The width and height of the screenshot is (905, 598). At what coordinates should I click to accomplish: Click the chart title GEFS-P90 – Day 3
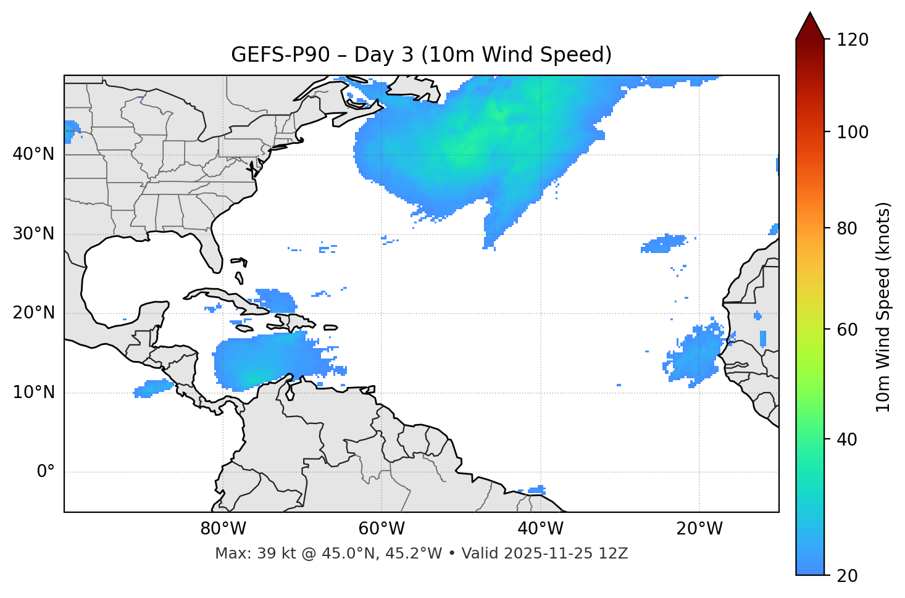click(421, 55)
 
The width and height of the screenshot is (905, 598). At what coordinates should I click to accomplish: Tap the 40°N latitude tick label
click(33, 154)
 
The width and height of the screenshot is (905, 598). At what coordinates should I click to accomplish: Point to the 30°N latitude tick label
click(33, 234)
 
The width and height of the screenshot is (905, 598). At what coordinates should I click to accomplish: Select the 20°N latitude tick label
click(33, 313)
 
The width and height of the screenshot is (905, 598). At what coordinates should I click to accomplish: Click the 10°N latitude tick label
click(33, 392)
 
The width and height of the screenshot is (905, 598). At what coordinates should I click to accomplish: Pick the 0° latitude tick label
click(46, 472)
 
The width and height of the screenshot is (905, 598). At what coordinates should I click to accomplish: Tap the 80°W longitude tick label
click(223, 529)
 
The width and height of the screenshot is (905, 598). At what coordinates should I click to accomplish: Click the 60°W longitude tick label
click(382, 529)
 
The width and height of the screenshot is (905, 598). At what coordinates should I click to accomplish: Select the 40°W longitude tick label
click(540, 529)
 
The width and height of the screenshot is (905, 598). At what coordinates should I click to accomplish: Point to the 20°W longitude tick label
click(699, 529)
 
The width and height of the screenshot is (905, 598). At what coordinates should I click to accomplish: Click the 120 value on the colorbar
click(853, 40)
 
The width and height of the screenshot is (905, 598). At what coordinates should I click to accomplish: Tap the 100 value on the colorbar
click(853, 132)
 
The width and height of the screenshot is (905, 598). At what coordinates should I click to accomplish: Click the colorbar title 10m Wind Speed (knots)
click(883, 307)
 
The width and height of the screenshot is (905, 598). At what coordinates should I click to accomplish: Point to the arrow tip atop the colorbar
click(810, 14)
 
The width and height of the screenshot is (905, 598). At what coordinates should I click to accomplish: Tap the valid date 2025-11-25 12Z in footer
click(565, 554)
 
